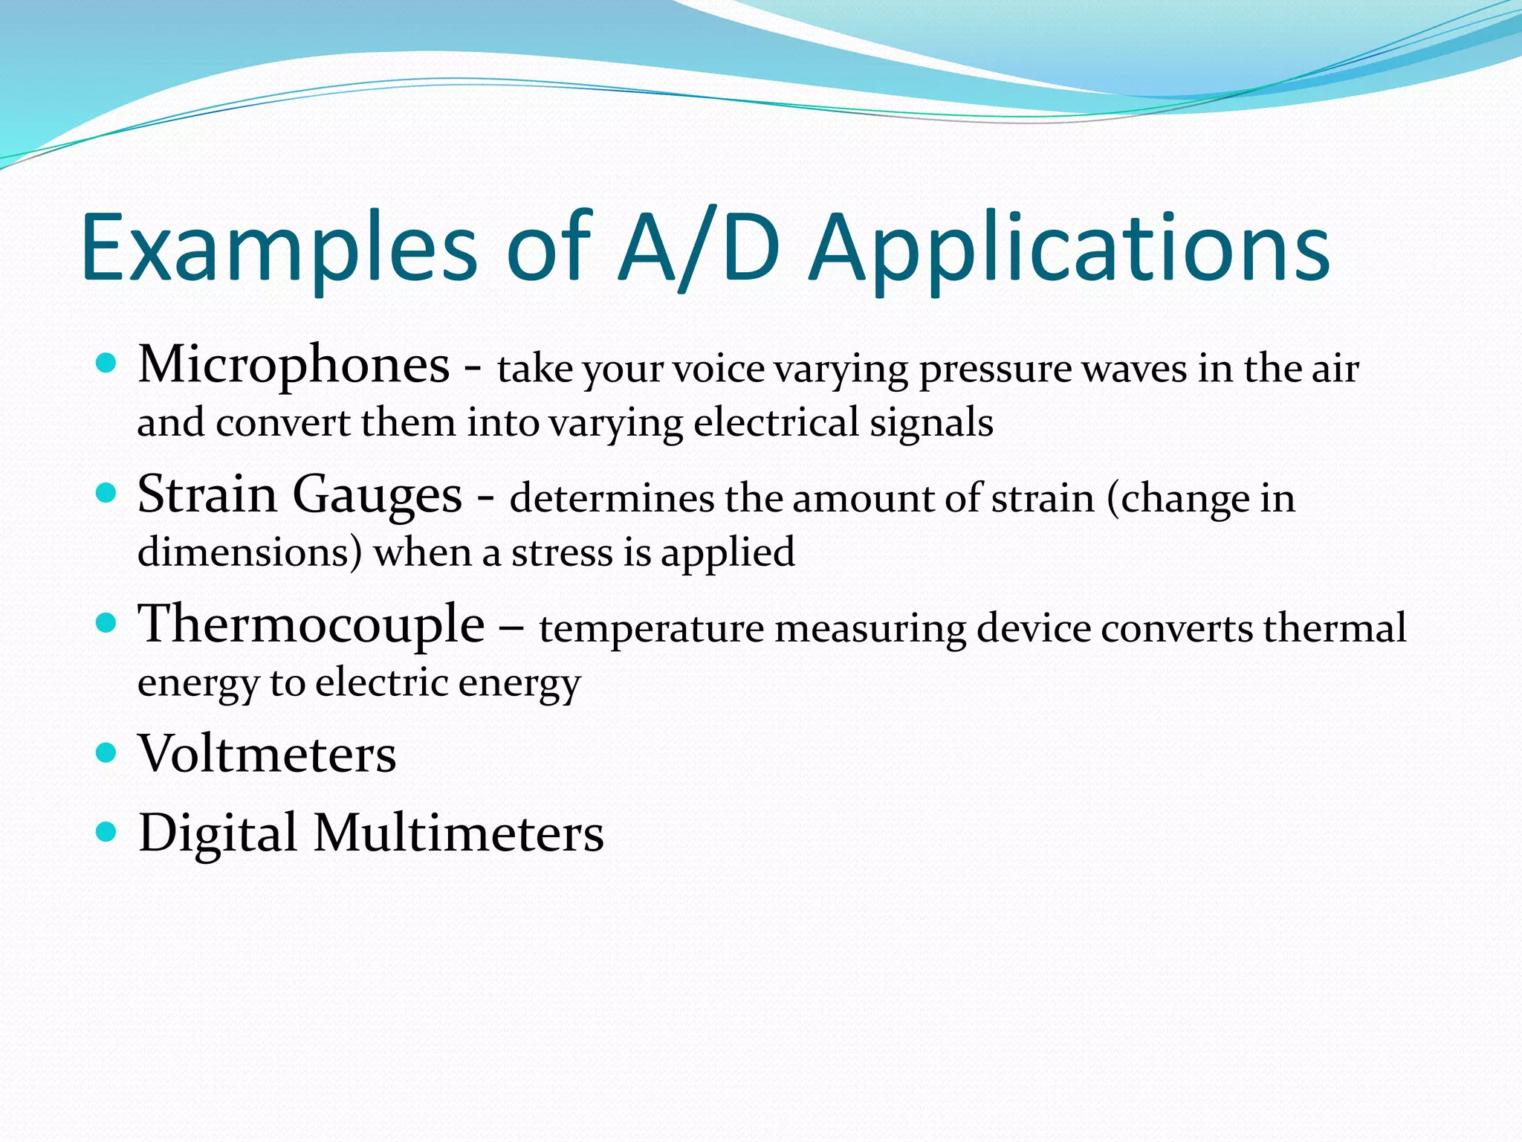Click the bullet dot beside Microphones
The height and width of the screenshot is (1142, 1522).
click(x=107, y=363)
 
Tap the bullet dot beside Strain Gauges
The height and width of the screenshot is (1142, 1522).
click(x=107, y=493)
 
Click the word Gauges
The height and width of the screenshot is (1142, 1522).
click(x=377, y=495)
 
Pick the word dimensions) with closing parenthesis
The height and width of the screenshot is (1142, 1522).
click(x=250, y=552)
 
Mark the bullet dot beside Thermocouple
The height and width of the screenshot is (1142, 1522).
click(x=107, y=622)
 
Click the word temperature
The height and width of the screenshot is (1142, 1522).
click(x=651, y=628)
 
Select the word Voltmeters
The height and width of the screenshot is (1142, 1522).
click(x=267, y=754)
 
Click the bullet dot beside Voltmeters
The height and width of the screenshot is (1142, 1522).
click(x=107, y=752)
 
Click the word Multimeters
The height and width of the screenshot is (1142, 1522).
click(x=458, y=833)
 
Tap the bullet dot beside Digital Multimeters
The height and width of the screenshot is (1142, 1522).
click(x=107, y=831)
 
